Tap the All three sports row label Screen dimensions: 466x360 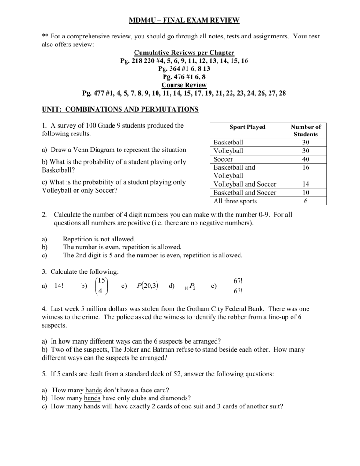click(x=235, y=202)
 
